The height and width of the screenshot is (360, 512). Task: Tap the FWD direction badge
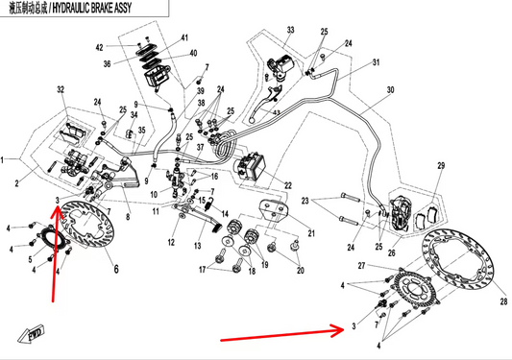click(33, 334)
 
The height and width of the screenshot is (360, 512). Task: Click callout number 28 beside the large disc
click(502, 300)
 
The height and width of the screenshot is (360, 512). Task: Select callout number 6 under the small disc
click(115, 272)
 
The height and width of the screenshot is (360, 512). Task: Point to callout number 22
click(286, 185)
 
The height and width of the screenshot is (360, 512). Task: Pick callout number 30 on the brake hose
click(390, 92)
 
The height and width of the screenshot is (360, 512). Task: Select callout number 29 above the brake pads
click(441, 167)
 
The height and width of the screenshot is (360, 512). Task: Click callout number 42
click(126, 46)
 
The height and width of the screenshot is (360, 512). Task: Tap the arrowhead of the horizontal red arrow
click(338, 329)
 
